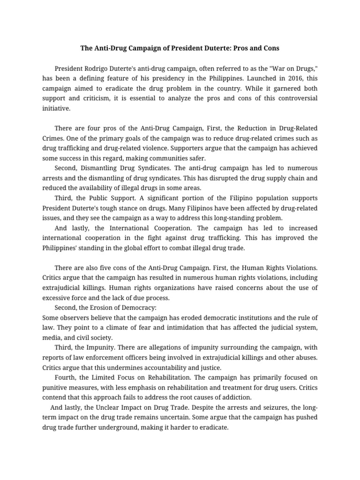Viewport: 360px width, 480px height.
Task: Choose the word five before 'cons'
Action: coord(105,268)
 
